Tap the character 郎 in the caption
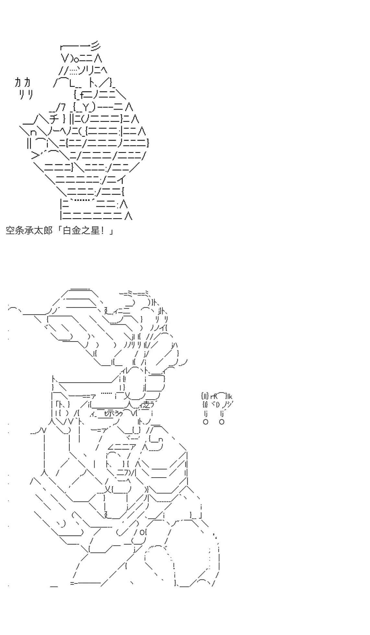point(48,231)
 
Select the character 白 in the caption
point(67,231)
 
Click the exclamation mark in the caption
point(104,231)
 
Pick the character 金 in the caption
point(76,231)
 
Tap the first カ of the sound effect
point(18,82)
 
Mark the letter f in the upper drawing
point(82,95)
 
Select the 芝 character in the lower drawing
point(146,405)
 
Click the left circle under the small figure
point(205,422)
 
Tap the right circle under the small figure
point(222,422)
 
